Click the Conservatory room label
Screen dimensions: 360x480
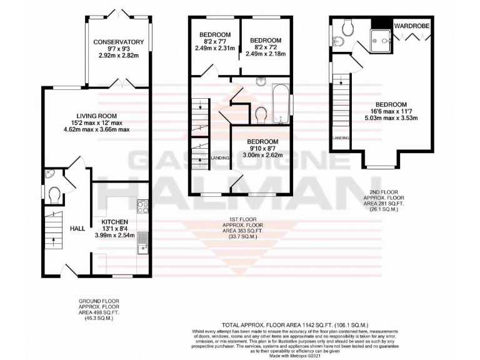(119, 42)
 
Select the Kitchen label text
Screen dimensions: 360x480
(111, 221)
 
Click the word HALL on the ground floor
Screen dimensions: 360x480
(77, 229)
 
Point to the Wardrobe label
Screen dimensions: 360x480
(412, 26)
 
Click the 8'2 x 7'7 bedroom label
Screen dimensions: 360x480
(214, 34)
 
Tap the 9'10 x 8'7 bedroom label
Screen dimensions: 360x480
(262, 142)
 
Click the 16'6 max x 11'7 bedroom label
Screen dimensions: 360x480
(391, 104)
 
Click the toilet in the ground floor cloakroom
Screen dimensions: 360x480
(54, 196)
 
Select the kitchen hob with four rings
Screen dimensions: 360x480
(142, 206)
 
